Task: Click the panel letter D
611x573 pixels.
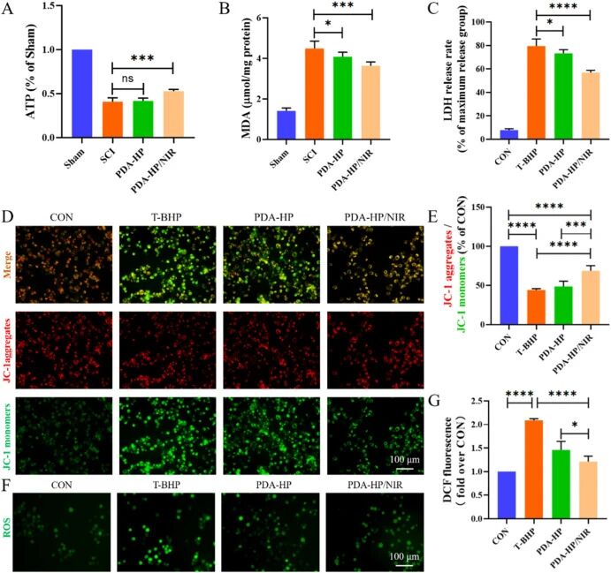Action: [x=8, y=215]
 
